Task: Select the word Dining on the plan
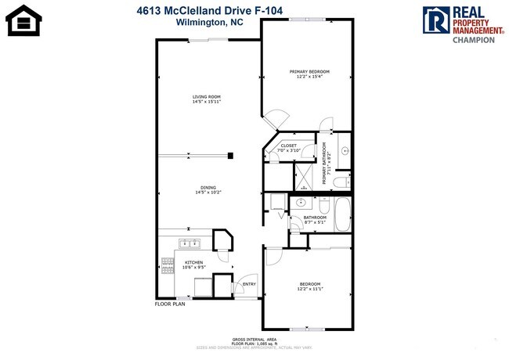(x=208, y=187)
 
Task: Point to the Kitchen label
(x=194, y=262)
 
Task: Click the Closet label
(x=289, y=145)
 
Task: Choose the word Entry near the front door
(x=250, y=284)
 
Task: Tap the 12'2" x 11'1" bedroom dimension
(x=309, y=288)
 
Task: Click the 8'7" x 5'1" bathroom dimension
(x=315, y=221)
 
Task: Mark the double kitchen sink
(x=188, y=243)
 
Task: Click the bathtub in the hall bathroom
(x=343, y=214)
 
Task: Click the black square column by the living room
(x=231, y=156)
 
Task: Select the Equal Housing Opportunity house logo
(x=23, y=21)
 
